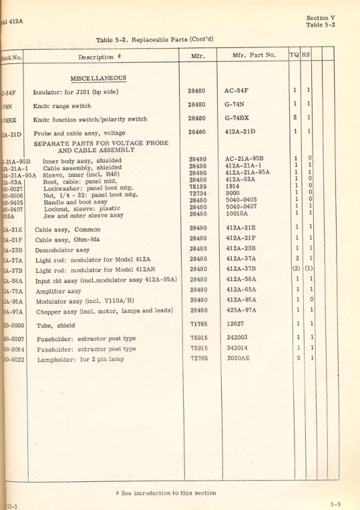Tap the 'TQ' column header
click(x=294, y=57)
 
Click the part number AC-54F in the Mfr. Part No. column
click(x=241, y=90)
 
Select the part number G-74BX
click(x=241, y=119)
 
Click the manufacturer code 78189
click(x=198, y=186)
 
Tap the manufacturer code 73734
click(x=198, y=193)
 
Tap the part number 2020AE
click(x=239, y=358)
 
